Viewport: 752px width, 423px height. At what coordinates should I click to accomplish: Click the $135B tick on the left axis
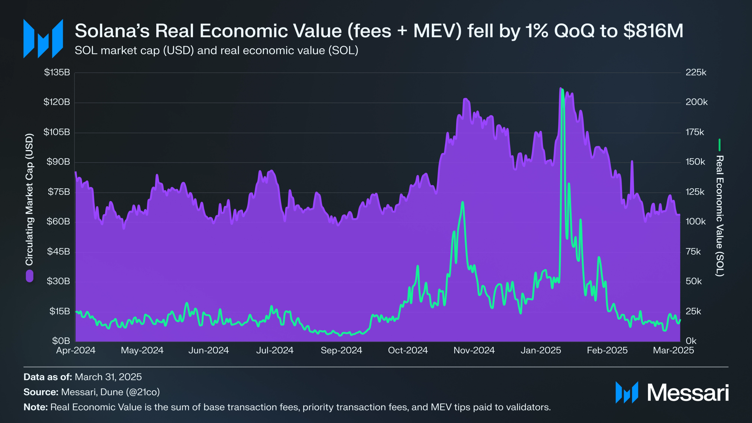(x=57, y=72)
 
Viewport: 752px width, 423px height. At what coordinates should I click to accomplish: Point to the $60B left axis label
(x=58, y=221)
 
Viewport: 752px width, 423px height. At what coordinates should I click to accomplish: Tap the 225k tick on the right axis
(x=696, y=72)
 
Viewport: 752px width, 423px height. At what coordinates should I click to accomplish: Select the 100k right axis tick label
(x=695, y=221)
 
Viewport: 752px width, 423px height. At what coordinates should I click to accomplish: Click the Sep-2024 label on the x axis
(x=341, y=350)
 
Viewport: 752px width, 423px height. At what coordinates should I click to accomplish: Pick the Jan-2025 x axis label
(x=541, y=350)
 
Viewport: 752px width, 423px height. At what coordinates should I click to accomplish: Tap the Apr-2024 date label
(x=76, y=350)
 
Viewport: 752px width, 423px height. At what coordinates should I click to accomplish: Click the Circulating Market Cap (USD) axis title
(x=29, y=199)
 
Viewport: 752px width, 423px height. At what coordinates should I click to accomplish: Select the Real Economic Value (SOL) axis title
(x=720, y=216)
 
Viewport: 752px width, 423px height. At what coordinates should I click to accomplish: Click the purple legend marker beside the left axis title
(x=29, y=276)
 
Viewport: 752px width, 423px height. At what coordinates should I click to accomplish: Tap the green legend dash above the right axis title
(x=719, y=145)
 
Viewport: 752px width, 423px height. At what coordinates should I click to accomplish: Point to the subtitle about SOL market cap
(x=216, y=51)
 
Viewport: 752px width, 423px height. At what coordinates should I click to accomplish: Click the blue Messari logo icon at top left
(x=43, y=39)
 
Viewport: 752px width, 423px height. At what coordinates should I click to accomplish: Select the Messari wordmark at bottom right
(x=688, y=392)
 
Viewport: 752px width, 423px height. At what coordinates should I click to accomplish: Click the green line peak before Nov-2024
(x=463, y=202)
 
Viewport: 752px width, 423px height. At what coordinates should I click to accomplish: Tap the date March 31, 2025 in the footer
(x=108, y=377)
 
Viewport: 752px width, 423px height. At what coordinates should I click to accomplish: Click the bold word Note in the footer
(x=35, y=407)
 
